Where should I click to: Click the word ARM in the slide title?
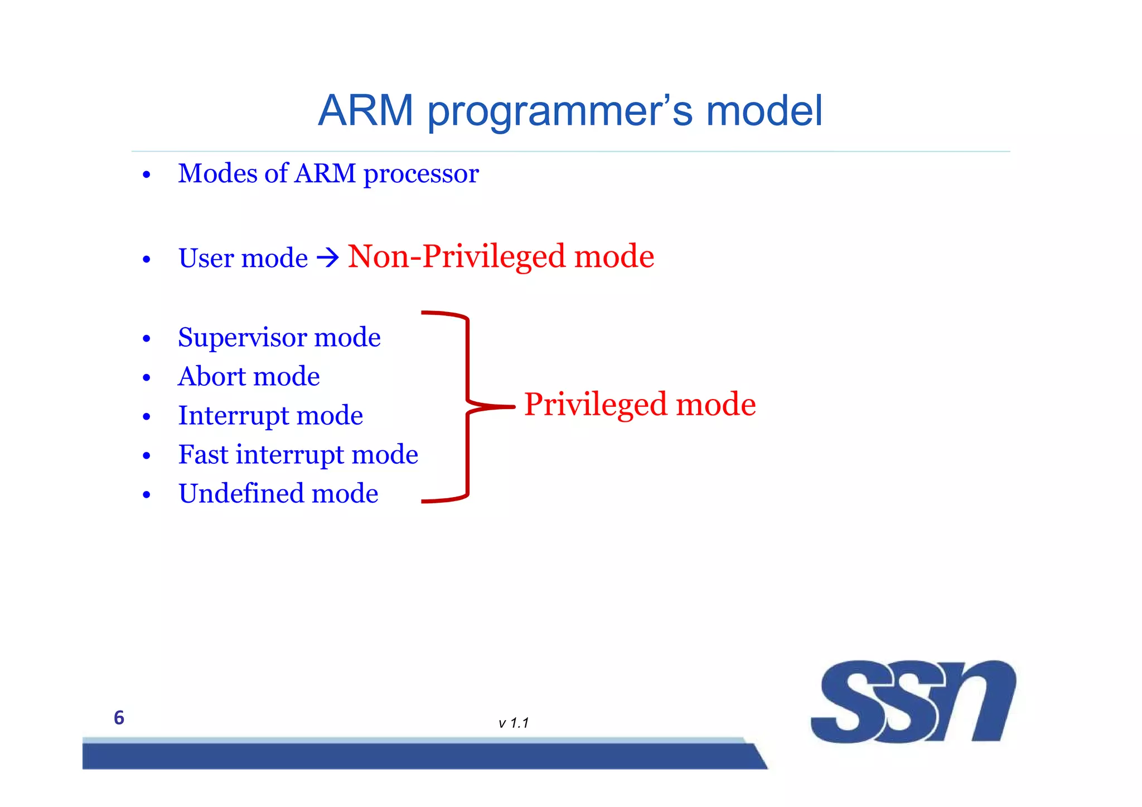(365, 110)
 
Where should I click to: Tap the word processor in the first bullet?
(421, 174)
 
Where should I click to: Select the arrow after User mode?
(328, 257)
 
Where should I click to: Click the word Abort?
(213, 376)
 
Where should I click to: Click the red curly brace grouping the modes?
(467, 407)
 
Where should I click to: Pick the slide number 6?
(119, 718)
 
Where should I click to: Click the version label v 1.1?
(513, 723)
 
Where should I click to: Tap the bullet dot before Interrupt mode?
(147, 417)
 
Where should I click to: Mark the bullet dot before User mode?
(147, 260)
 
